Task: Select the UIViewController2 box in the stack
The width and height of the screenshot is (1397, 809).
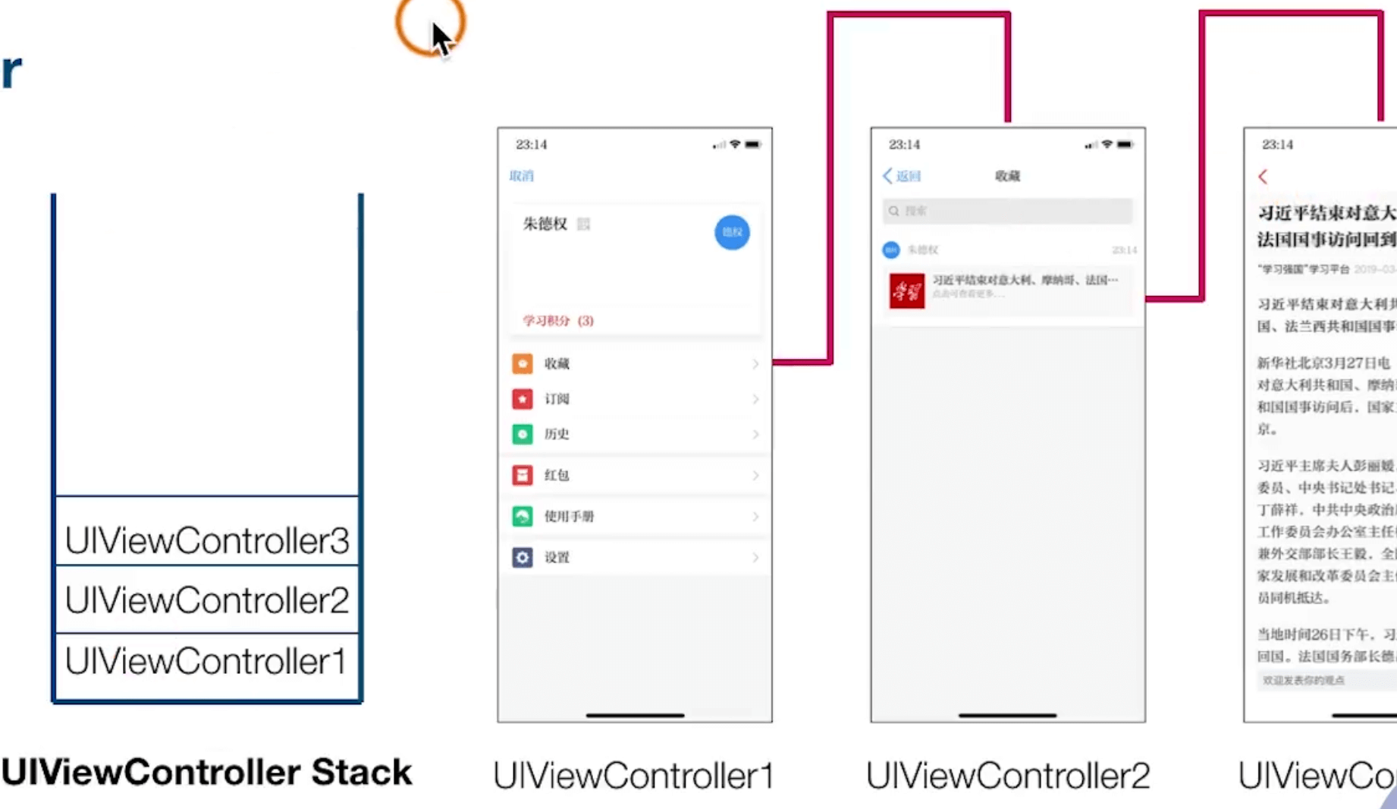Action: point(206,600)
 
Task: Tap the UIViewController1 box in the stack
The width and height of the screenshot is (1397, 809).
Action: point(206,661)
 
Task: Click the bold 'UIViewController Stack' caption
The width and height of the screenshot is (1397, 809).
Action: point(206,773)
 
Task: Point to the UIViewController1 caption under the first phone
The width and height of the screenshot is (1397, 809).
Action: point(633,776)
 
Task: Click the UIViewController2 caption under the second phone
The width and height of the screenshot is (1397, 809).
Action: point(1007,776)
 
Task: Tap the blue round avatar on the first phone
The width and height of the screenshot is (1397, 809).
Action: point(732,232)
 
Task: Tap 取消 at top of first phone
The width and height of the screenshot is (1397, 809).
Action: point(521,176)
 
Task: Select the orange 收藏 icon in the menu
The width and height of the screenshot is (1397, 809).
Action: point(523,364)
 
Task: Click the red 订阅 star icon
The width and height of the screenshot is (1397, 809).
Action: point(523,398)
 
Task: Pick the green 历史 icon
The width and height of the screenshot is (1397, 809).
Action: point(523,434)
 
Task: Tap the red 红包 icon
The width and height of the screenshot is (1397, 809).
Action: point(523,475)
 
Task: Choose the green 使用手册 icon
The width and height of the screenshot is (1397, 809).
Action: point(523,516)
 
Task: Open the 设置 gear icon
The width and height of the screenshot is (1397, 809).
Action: point(523,557)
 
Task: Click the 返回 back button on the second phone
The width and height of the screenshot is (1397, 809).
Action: point(902,176)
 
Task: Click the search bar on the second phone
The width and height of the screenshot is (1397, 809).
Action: point(1007,211)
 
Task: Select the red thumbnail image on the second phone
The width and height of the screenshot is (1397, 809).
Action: point(907,291)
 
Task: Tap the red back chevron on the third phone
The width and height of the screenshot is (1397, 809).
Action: point(1263,177)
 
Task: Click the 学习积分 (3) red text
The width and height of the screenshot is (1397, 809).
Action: point(558,320)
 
